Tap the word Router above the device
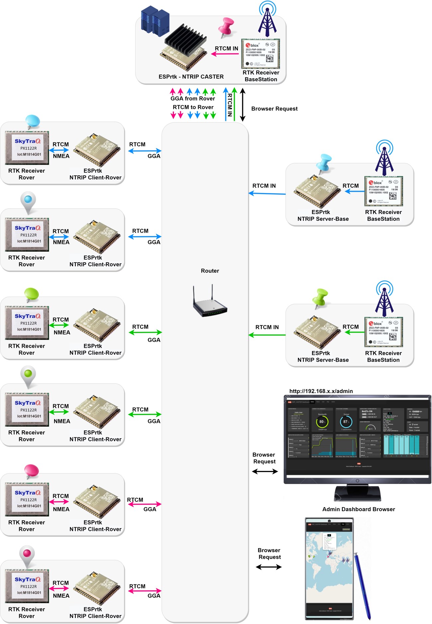(x=210, y=271)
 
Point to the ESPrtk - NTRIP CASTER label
(x=191, y=77)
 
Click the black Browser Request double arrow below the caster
(x=243, y=104)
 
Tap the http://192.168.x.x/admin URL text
(x=321, y=391)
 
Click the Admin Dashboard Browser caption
(x=359, y=510)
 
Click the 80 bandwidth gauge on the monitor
(x=322, y=422)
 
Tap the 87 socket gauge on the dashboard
(x=346, y=422)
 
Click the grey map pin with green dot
(x=28, y=376)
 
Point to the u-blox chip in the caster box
(x=260, y=54)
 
